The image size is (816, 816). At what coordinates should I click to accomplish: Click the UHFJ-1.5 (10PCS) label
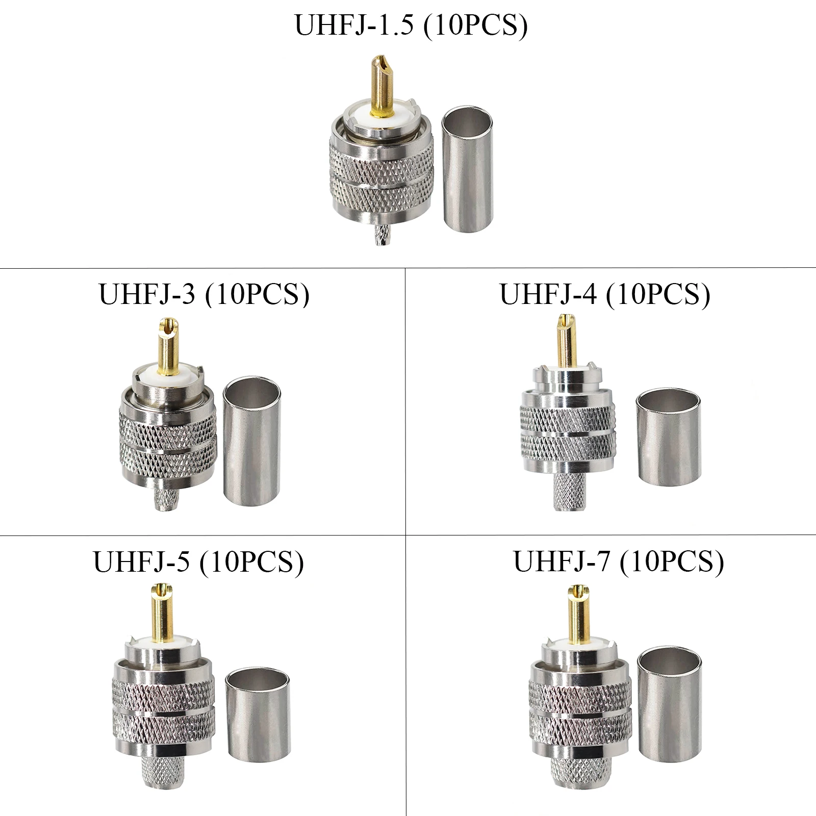tap(411, 25)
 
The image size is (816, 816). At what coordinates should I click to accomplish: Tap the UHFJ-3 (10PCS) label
tap(204, 294)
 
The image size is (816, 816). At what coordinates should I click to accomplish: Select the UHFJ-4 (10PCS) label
tap(605, 294)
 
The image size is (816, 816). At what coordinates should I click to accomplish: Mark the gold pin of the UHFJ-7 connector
tap(577, 612)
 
